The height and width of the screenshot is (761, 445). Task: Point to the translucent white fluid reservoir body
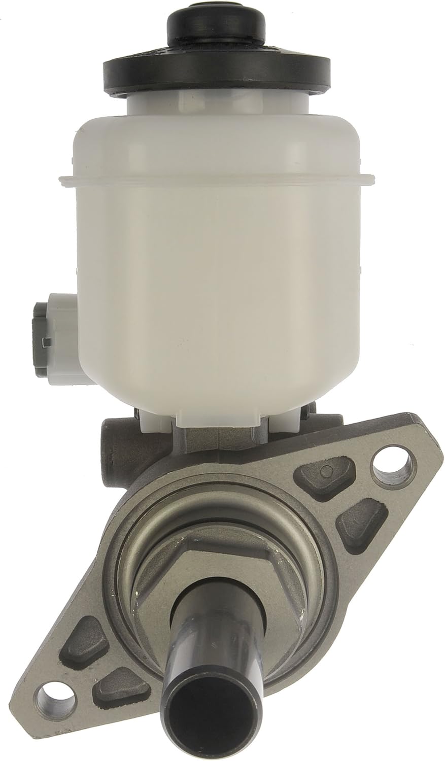pyautogui.click(x=218, y=264)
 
